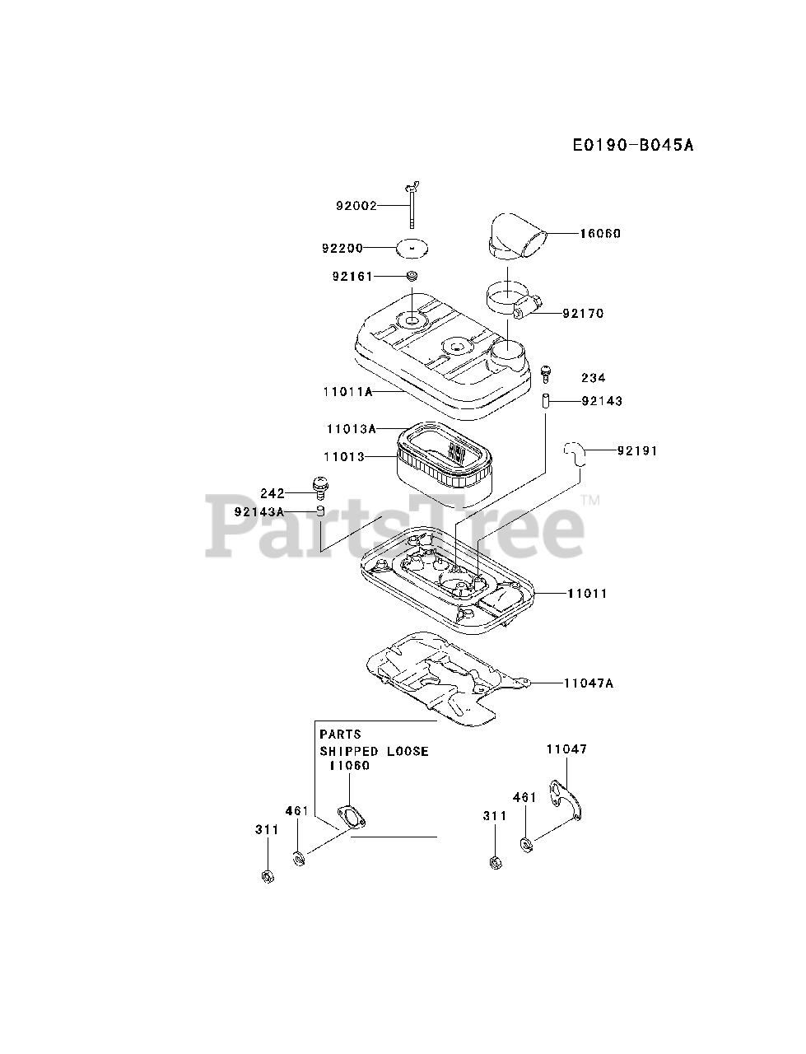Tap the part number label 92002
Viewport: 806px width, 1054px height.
[x=356, y=206]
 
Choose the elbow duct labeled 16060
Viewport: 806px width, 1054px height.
[x=516, y=234]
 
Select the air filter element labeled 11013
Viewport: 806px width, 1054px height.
[x=445, y=465]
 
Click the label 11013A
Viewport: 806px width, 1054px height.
[x=351, y=429]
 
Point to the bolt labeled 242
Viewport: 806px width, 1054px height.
[x=318, y=487]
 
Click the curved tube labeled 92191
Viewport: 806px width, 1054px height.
[x=575, y=453]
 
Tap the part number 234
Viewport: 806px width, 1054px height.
[x=593, y=378]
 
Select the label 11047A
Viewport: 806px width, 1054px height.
[x=589, y=683]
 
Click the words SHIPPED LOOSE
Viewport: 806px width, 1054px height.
[x=374, y=752]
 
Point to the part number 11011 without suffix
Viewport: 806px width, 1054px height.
[x=587, y=593]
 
